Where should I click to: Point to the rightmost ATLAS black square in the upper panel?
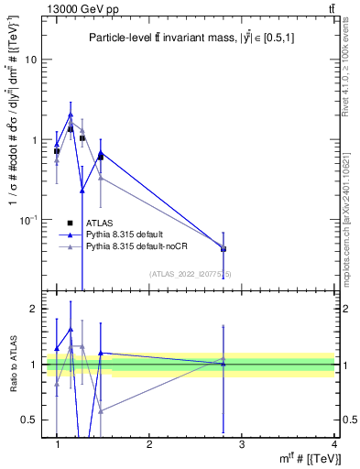[224, 249]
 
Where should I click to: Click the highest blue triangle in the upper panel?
[71, 115]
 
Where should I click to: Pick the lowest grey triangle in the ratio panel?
[101, 410]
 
